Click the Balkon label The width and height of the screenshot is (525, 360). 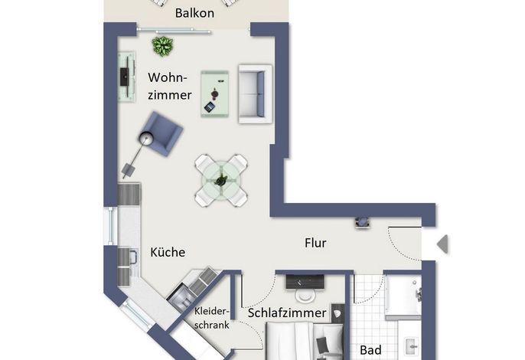click(194, 13)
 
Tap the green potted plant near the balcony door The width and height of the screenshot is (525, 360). click(163, 46)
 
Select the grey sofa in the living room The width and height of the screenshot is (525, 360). click(255, 94)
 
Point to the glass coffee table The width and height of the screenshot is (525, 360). click(214, 94)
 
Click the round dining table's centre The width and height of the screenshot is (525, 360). click(221, 181)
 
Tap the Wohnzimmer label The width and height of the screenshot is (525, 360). click(170, 86)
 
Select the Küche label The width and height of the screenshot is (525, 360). click(168, 252)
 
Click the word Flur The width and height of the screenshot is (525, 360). click(315, 243)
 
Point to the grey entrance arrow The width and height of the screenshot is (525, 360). click(442, 244)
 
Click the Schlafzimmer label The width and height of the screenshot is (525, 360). click(287, 313)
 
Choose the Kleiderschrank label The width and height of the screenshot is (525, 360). click(212, 318)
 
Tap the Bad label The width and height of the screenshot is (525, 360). click(370, 350)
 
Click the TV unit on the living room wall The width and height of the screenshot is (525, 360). click(127, 77)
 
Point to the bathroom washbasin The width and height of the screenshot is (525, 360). click(412, 346)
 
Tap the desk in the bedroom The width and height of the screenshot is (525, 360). click(305, 282)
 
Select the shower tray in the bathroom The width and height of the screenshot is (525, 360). click(403, 295)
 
